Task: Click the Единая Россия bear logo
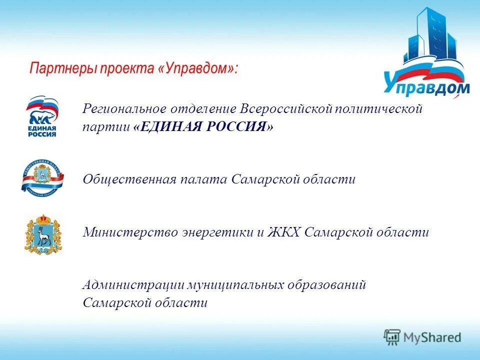(x=42, y=116)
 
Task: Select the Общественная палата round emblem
(x=42, y=177)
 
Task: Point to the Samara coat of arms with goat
(x=42, y=234)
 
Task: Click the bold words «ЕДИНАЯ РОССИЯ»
(x=203, y=127)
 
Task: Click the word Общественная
(x=129, y=179)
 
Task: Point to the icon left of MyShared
(x=392, y=337)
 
